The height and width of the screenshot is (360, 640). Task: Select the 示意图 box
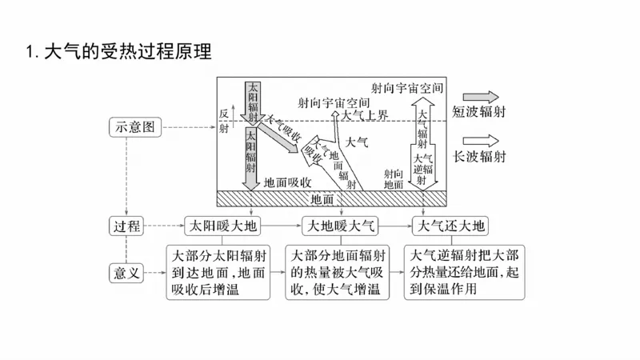tap(134, 126)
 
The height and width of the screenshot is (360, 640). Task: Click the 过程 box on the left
tap(126, 226)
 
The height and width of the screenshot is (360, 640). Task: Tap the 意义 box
tap(126, 273)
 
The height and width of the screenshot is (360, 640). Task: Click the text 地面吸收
tap(292, 182)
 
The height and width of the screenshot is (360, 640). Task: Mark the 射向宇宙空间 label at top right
tap(407, 86)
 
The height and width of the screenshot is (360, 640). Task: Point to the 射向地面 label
tap(393, 178)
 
